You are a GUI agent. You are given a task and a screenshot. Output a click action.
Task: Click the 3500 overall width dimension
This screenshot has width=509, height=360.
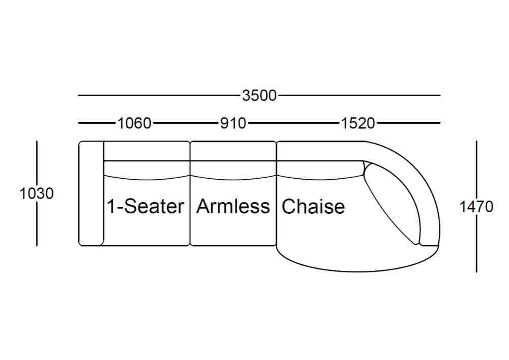(260, 96)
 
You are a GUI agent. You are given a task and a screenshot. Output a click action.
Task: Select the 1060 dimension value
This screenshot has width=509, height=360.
(134, 123)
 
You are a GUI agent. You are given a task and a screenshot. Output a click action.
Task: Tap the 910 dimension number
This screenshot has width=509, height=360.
(233, 123)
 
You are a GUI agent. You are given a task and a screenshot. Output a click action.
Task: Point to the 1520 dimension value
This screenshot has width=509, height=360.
(358, 123)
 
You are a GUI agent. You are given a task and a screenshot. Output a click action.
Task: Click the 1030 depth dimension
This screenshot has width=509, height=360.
(36, 193)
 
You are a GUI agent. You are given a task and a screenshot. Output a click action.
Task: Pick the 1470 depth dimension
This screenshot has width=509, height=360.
(476, 207)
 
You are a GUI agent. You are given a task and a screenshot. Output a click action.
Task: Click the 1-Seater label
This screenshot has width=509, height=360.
(146, 206)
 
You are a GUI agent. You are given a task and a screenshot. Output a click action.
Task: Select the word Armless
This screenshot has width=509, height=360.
(233, 206)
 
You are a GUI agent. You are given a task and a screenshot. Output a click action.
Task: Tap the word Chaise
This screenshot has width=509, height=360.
(313, 207)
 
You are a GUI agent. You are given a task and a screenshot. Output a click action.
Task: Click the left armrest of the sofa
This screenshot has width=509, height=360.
(91, 193)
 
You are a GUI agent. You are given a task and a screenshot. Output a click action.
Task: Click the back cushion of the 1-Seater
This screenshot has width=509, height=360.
(147, 170)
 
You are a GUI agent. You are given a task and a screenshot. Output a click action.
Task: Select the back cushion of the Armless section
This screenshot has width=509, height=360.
(233, 170)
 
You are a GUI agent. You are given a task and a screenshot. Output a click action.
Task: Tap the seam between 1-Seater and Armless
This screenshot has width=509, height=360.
(190, 193)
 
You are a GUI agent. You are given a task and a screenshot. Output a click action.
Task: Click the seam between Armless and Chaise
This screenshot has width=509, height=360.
(276, 193)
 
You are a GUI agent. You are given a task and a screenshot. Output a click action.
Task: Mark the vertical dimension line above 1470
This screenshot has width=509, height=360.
(476, 171)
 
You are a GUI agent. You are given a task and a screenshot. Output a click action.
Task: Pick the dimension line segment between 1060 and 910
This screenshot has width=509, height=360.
(185, 123)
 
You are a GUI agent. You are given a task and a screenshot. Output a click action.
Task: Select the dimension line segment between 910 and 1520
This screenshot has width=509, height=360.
(294, 123)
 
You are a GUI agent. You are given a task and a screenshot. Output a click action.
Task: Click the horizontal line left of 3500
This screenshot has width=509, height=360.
(159, 95)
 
